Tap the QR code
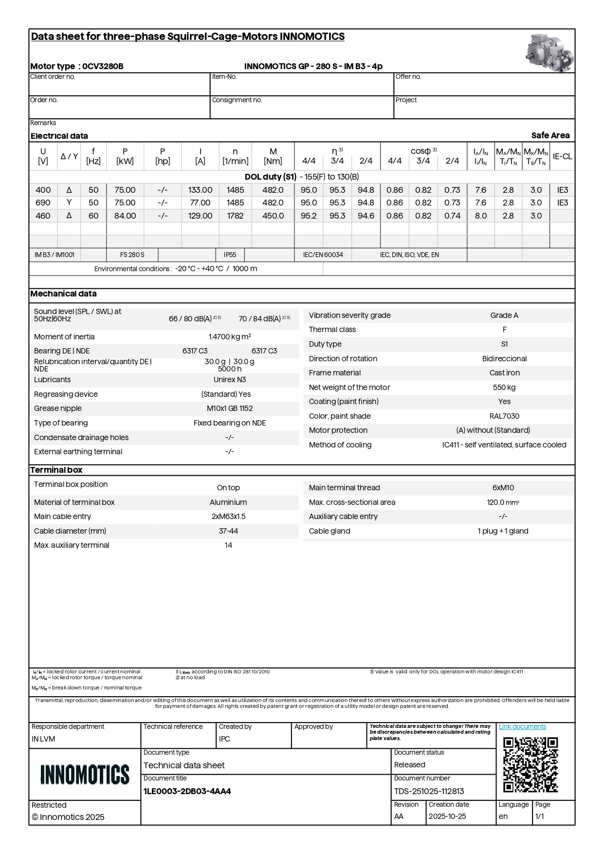coord(530,764)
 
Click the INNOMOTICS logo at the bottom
coord(85,774)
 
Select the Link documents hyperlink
coord(522,726)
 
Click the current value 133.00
coord(200,190)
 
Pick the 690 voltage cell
coord(43,203)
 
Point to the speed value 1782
coord(235,216)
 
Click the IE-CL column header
coord(562,156)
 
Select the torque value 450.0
coord(273,216)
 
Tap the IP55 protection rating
coord(230,255)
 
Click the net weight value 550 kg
coord(504,387)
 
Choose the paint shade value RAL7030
coord(504,416)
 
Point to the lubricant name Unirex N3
coord(230,379)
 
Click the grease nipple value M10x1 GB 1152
coord(230,408)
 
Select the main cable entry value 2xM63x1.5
coord(228,516)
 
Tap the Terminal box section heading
coord(56,470)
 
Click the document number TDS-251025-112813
coord(429,791)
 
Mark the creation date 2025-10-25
coord(447,817)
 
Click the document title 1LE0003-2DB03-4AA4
coord(187,791)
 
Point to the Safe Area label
coord(550,135)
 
